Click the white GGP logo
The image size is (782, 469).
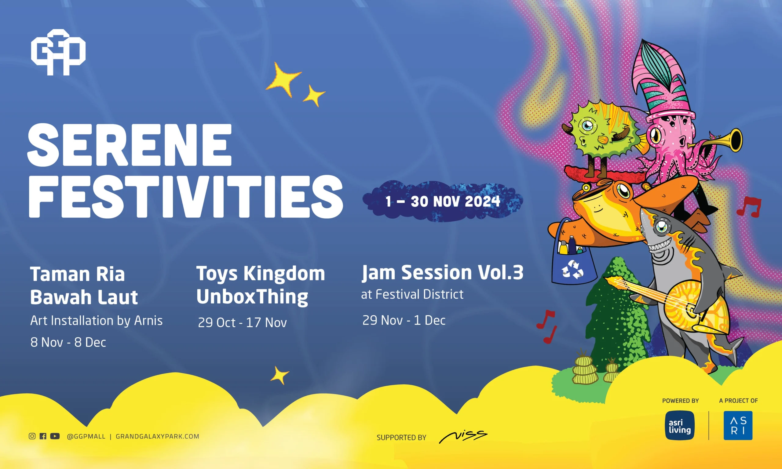58,53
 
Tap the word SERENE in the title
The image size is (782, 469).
130,145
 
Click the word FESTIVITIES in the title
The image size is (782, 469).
185,197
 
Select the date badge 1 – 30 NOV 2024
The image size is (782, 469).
443,201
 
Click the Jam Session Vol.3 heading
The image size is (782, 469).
443,272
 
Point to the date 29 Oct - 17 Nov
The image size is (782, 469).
243,323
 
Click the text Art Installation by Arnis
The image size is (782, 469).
97,321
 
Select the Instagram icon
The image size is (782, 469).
32,436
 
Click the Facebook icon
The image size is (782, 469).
43,436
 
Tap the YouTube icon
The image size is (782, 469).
55,436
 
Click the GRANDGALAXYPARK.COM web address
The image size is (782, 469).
157,436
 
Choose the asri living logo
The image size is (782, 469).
680,425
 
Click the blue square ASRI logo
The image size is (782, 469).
738,425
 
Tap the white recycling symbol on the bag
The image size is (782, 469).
572,270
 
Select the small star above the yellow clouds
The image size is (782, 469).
280,375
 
